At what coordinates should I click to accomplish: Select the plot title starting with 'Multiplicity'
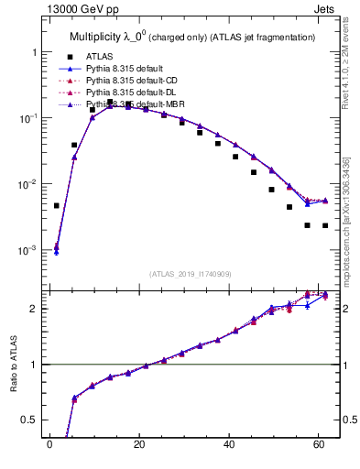[192, 37]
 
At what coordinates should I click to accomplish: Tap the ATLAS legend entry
[101, 57]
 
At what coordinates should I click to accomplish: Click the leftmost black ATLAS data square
[57, 206]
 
